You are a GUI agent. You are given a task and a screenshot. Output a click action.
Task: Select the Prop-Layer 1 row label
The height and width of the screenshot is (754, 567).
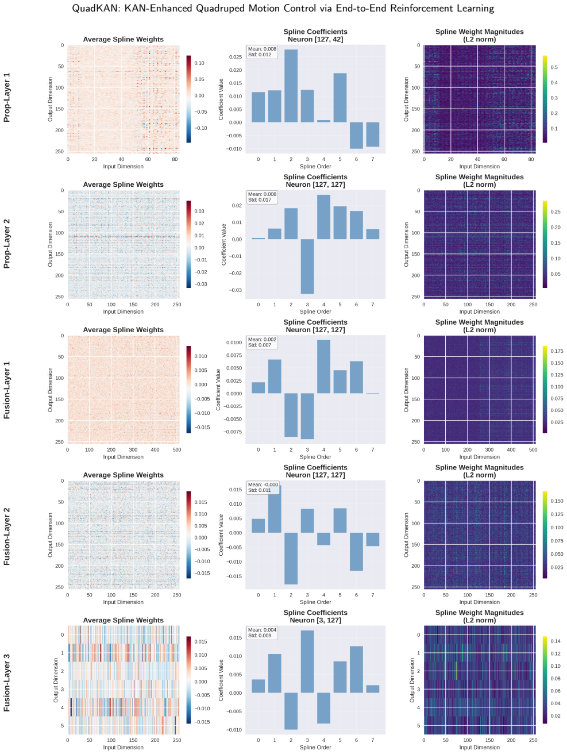click(6, 98)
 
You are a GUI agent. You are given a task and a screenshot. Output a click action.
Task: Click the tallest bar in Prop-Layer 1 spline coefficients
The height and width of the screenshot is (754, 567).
click(291, 86)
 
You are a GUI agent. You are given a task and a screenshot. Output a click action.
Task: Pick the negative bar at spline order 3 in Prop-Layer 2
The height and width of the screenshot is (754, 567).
click(307, 266)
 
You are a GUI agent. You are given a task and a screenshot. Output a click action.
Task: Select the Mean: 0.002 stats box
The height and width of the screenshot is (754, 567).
click(262, 342)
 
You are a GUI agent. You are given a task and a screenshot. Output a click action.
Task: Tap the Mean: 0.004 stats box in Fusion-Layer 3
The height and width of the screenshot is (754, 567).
click(262, 632)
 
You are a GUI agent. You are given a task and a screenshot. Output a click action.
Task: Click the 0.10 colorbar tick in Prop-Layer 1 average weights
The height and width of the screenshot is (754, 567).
click(199, 63)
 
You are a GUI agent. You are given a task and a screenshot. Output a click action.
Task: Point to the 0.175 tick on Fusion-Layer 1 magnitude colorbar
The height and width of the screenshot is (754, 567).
click(557, 351)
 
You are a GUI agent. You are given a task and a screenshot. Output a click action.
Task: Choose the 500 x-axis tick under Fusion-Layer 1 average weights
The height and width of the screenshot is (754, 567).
click(177, 449)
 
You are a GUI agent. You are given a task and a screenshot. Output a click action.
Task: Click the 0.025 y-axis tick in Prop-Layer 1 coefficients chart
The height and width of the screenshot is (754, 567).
click(236, 57)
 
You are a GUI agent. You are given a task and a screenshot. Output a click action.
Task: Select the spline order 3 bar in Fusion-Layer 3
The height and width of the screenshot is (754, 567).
click(307, 661)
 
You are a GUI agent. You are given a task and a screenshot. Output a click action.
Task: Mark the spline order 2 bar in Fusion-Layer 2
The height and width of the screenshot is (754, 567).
click(291, 558)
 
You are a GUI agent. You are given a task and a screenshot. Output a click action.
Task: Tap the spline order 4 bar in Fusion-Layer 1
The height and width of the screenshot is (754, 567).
click(323, 367)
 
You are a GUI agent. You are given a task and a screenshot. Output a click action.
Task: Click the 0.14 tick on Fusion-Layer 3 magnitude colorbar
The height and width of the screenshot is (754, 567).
click(556, 641)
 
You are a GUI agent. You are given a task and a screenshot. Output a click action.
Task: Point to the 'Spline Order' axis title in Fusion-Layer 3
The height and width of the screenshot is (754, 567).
click(315, 747)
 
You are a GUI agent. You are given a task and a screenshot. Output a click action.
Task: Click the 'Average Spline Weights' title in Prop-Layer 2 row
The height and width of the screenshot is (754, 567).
click(123, 184)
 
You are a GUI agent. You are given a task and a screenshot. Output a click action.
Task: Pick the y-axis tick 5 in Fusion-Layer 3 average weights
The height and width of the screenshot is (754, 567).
click(62, 725)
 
